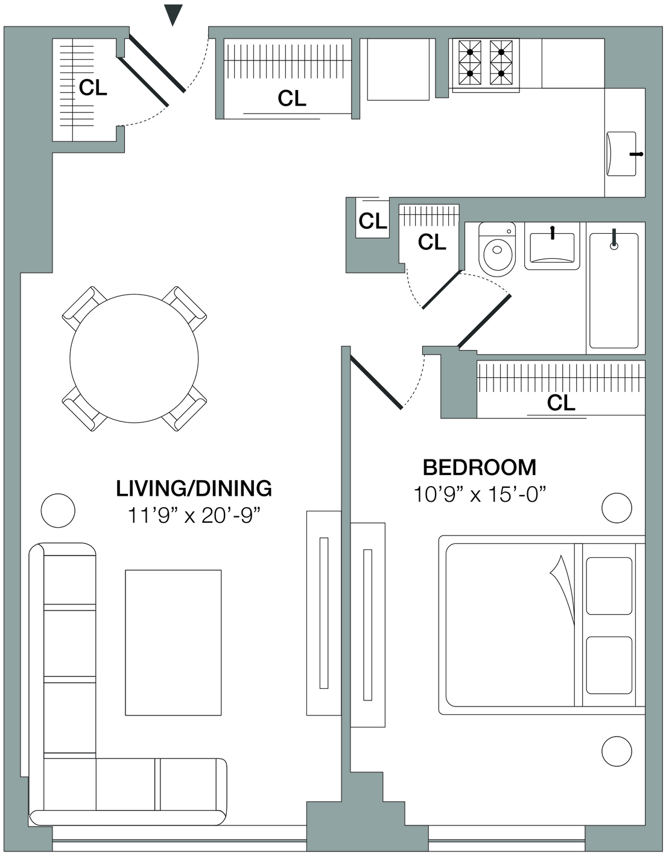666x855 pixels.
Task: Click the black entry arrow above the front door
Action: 173,15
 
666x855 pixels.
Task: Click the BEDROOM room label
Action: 480,467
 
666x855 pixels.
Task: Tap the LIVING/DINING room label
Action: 194,488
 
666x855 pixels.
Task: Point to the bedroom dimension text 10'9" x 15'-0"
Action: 480,494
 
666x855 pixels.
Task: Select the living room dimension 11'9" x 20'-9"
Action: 194,515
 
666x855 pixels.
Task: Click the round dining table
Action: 134,358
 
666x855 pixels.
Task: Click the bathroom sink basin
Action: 552,248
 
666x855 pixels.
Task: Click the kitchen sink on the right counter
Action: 621,154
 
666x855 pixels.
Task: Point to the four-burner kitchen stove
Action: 486,65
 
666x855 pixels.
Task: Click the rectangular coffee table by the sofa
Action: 173,642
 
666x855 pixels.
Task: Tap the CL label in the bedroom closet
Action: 560,403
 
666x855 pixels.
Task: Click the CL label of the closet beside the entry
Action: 291,98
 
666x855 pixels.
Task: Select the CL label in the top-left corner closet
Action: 93,88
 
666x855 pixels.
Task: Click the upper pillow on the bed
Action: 609,586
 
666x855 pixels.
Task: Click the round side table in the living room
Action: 58,510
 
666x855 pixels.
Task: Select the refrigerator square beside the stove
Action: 398,69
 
